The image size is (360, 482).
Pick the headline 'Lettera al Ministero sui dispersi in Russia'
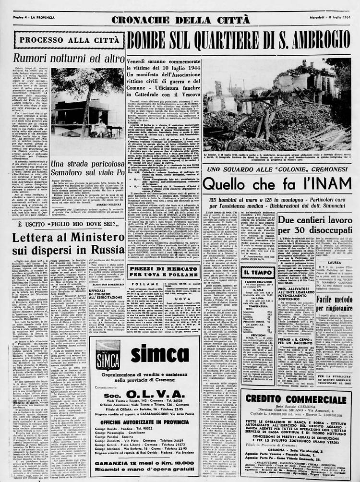click(x=62, y=243)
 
